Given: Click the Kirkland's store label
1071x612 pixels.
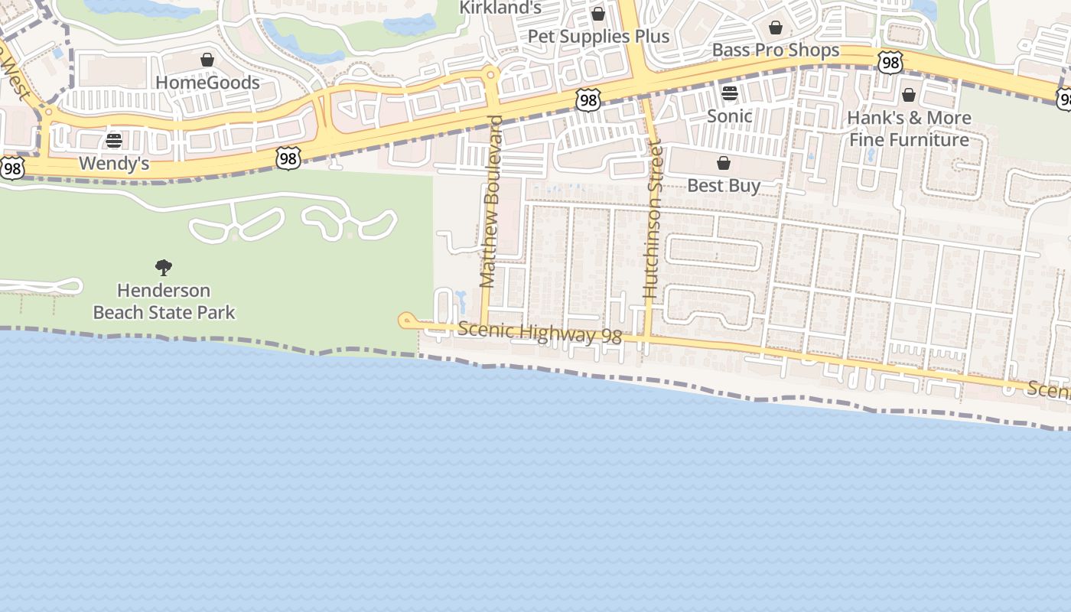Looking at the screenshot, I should [x=500, y=8].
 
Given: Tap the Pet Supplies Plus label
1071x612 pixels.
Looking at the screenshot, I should [x=599, y=37].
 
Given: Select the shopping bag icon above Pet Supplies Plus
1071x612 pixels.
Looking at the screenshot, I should [x=598, y=14].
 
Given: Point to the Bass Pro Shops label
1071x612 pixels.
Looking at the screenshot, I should [x=776, y=50].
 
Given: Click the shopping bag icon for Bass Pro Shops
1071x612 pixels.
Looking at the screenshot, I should [x=776, y=28].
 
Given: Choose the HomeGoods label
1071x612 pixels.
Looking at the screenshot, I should [x=207, y=83].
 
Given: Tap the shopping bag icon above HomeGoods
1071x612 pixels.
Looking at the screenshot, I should [x=207, y=60].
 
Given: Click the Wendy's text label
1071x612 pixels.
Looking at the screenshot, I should [x=114, y=164].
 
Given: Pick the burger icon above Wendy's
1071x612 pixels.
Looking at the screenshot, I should [x=114, y=141].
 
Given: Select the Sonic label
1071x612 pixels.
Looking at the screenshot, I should [x=729, y=116].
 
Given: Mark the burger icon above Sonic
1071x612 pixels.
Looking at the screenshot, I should [x=729, y=93].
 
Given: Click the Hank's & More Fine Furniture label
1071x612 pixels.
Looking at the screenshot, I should [x=909, y=129].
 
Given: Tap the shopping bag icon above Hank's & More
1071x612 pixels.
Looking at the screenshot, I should [x=909, y=95].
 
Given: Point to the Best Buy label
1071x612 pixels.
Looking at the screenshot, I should [x=724, y=186].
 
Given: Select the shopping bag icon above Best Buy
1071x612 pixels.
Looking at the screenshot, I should [x=724, y=163].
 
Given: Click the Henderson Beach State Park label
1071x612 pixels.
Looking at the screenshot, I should [x=164, y=301].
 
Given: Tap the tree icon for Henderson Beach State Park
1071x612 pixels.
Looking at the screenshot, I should [x=164, y=268].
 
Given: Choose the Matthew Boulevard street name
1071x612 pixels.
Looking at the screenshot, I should [x=491, y=202].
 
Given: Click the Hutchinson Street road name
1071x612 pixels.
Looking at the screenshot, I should [x=652, y=219].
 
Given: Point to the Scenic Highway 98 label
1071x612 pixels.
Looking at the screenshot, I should [x=539, y=333].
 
